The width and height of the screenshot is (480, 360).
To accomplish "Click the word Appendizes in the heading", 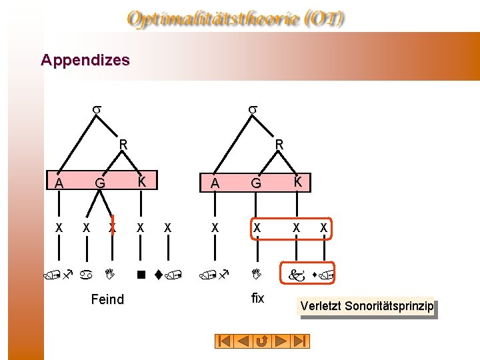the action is click(x=85, y=60).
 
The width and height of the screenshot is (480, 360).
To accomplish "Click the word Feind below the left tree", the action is click(x=107, y=299).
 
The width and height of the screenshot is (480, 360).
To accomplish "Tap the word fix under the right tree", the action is click(x=258, y=299).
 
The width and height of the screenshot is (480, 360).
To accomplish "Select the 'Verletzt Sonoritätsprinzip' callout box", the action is click(x=367, y=306).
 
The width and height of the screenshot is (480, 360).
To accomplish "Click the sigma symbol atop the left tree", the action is click(x=96, y=107).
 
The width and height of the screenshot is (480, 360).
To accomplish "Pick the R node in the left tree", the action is click(x=123, y=143).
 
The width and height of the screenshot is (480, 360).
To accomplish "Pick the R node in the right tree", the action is click(x=279, y=143).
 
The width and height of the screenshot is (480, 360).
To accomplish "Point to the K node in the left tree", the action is click(x=141, y=181).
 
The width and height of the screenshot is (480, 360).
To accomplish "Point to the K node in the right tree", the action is click(x=299, y=181).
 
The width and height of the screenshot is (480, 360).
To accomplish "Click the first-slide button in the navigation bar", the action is click(x=225, y=341).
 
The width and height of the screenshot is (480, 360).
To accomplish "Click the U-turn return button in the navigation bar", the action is click(x=263, y=341).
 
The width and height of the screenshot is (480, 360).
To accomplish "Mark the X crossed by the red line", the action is click(x=113, y=227).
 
